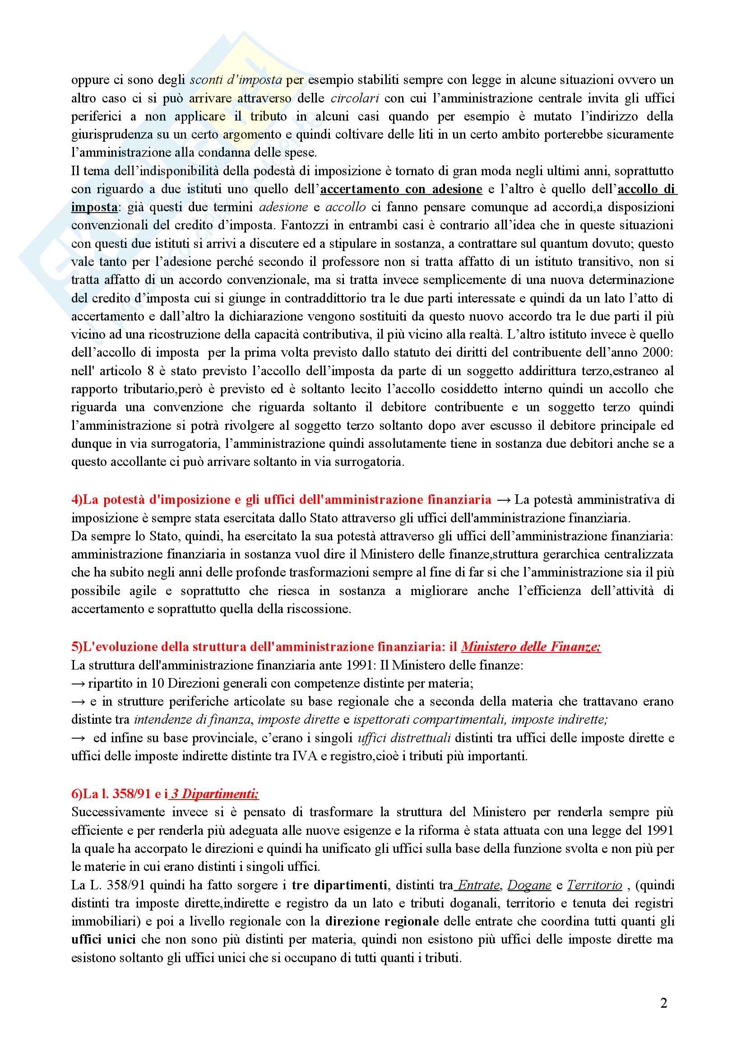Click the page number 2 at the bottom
(663, 1003)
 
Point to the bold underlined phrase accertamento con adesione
(401, 189)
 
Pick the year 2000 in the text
(660, 353)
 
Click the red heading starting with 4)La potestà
(281, 499)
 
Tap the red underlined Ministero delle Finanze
(531, 647)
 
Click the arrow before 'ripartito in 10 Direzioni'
(78, 684)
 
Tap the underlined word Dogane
(529, 885)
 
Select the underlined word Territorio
(594, 885)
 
